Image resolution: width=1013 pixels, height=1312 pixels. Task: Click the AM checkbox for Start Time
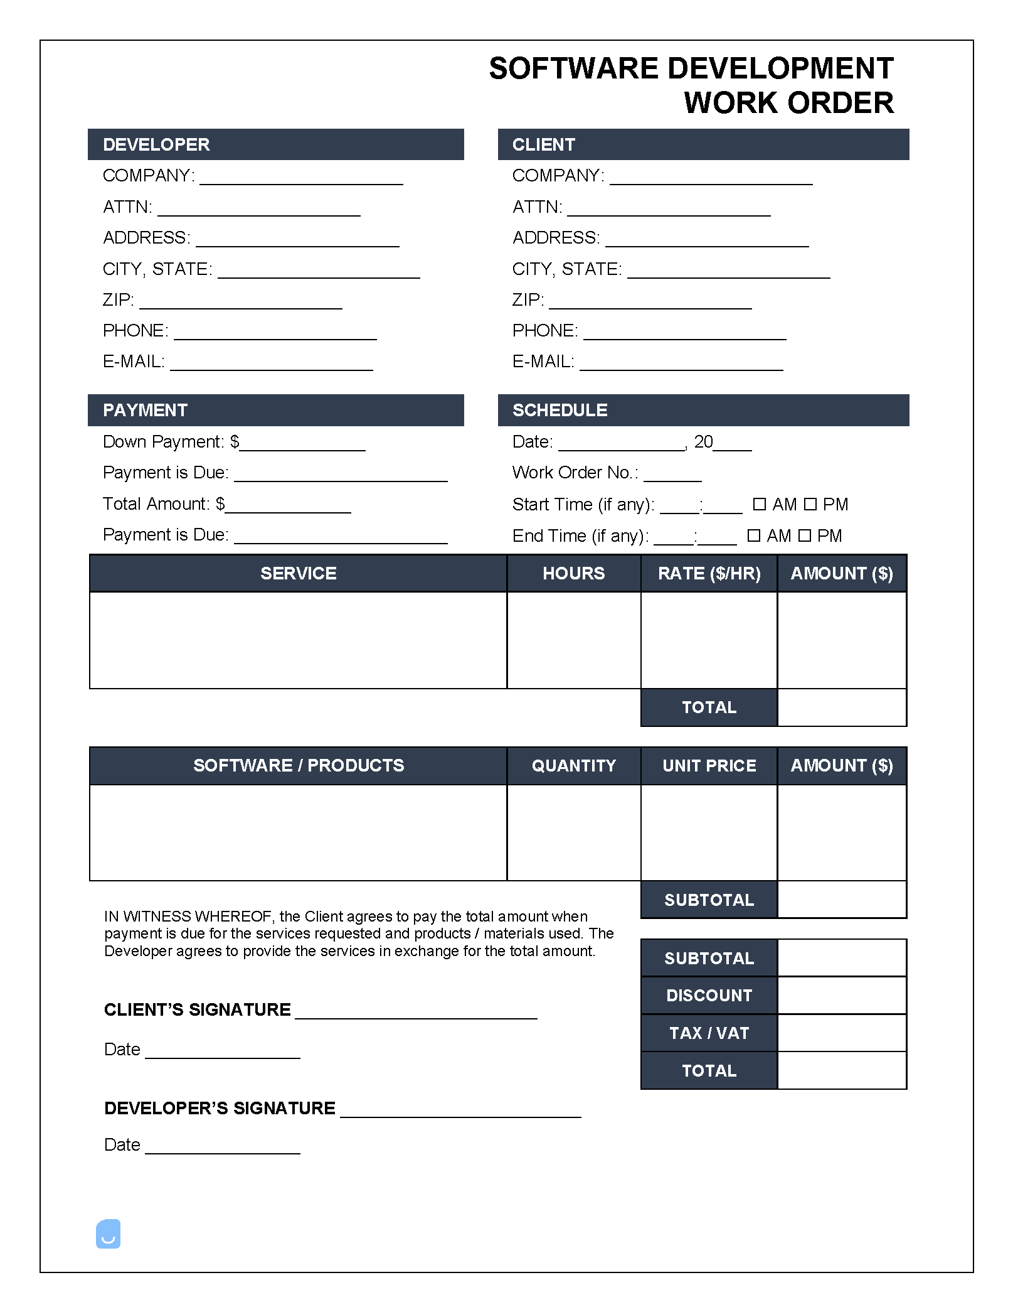coord(759,504)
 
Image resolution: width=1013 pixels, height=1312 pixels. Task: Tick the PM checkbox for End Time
coord(805,535)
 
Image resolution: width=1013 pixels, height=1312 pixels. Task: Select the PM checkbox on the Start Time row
coord(810,504)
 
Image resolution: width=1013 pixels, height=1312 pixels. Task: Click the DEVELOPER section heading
coord(156,144)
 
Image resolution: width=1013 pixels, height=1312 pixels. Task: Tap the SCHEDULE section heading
coord(560,410)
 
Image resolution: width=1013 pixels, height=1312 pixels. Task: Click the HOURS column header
coord(573,573)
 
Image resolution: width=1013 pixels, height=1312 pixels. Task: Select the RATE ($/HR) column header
coord(709,573)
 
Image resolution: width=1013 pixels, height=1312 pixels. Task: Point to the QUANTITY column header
coord(573,765)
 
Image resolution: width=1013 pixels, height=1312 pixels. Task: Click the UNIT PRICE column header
coord(709,765)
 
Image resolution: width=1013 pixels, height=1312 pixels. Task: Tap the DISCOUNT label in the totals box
coord(709,995)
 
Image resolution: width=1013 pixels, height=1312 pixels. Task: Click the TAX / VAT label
coord(709,1033)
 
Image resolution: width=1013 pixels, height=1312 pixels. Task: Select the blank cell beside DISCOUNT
coord(842,995)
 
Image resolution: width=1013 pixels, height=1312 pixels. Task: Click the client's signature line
coord(416,1012)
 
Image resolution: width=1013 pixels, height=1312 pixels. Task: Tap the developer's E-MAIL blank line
coord(272,364)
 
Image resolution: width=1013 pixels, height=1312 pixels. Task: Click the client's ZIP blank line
coord(650,303)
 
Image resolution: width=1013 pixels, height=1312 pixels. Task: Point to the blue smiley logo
coord(108,1234)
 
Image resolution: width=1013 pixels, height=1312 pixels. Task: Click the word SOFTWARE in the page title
coord(573,68)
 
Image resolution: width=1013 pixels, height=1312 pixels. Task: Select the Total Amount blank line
coord(288,507)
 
